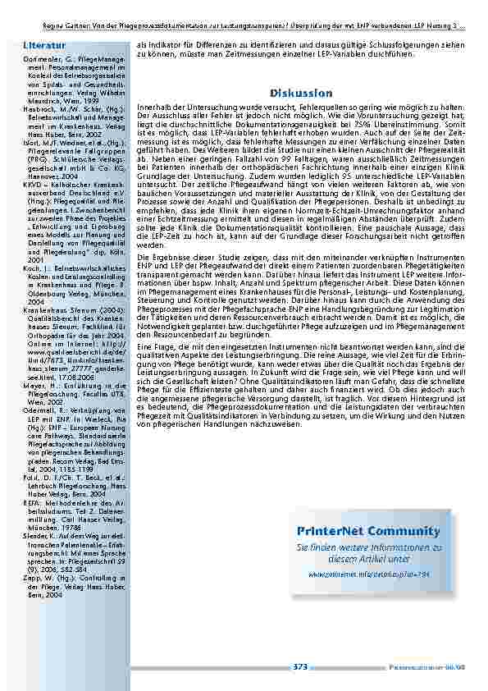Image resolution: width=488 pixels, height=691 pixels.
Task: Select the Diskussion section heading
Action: (x=301, y=94)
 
